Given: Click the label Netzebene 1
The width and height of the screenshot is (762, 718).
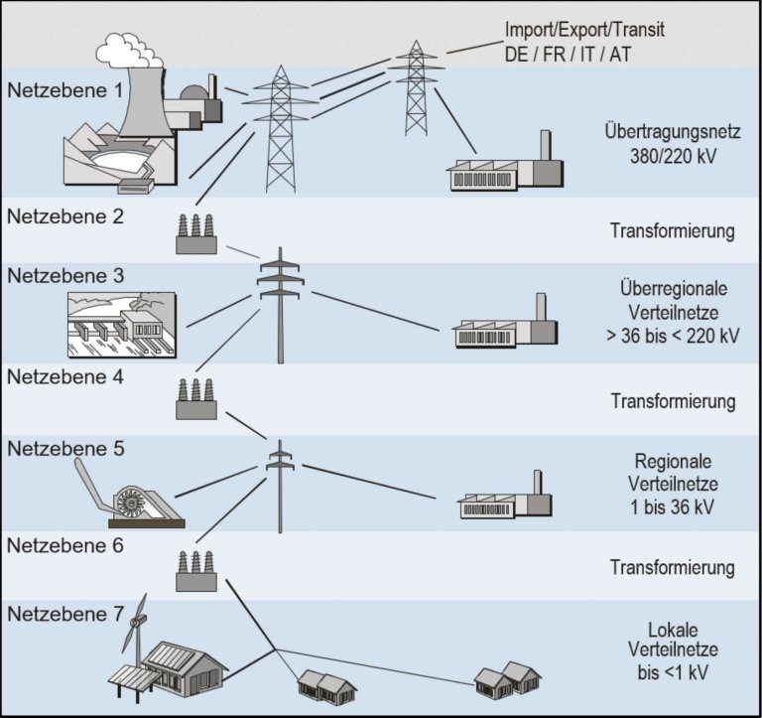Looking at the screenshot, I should [x=67, y=89].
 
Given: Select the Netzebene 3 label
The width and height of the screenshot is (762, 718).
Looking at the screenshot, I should [x=67, y=275].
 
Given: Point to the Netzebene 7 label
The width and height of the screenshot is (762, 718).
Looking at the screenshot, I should [x=67, y=613].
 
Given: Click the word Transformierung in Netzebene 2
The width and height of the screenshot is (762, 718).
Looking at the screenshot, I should [x=673, y=231].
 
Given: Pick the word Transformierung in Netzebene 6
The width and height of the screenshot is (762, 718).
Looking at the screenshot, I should [x=673, y=568].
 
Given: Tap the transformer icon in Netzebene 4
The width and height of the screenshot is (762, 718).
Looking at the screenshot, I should [x=195, y=399].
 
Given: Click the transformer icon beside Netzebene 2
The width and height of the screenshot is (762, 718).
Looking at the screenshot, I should [x=195, y=234].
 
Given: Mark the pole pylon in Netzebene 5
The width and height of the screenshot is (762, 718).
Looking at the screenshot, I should [x=281, y=487].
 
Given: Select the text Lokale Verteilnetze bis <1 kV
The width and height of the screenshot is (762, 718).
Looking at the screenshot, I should [x=673, y=650].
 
